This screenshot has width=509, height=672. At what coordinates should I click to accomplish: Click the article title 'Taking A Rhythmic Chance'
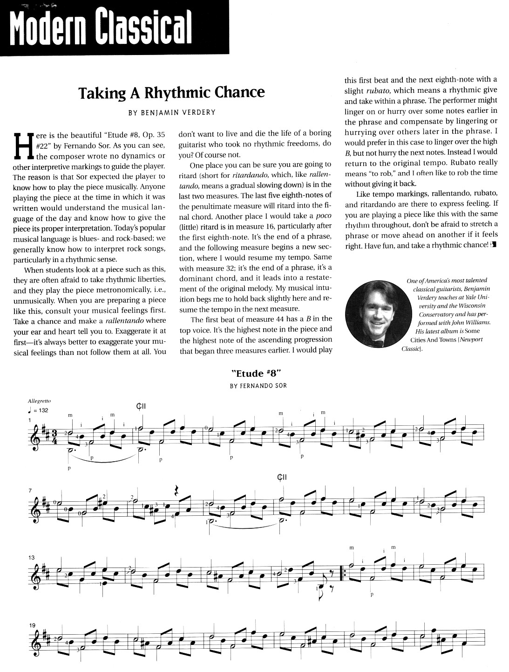pyautogui.click(x=171, y=92)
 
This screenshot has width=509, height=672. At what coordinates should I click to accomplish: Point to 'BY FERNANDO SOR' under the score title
pyautogui.click(x=258, y=386)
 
